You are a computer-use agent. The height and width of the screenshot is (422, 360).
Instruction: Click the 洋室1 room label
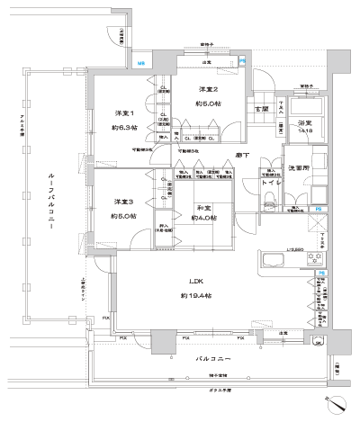[123, 112]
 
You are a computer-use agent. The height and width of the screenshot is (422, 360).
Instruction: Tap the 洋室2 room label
[208, 88]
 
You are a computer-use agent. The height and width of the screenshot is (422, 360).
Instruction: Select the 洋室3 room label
[123, 201]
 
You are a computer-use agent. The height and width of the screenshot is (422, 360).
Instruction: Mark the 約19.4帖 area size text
[195, 295]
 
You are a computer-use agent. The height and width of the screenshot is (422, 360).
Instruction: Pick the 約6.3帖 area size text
[123, 127]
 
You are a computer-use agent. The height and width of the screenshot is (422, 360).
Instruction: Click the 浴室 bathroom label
[304, 122]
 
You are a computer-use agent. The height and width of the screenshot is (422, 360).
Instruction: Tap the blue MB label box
[142, 62]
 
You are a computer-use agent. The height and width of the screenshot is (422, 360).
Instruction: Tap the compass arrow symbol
[337, 404]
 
